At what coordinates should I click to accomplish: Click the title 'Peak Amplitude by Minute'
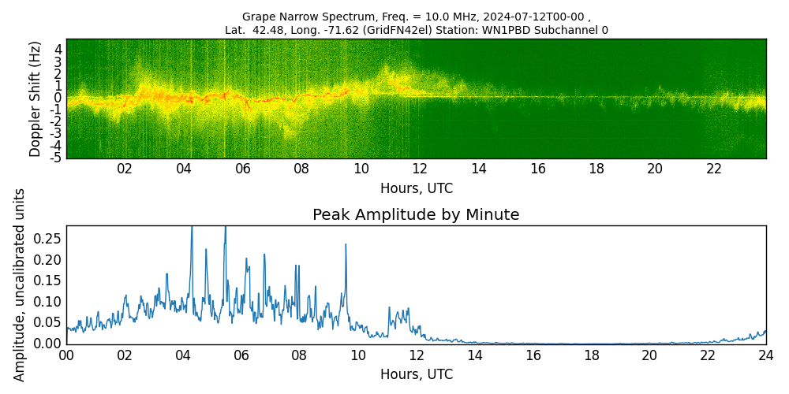pyautogui.click(x=416, y=215)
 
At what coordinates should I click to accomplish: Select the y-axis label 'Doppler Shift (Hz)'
pyautogui.click(x=36, y=98)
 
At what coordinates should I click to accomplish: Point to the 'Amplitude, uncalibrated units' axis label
pyautogui.click(x=20, y=284)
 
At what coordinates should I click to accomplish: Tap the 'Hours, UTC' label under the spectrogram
pyautogui.click(x=416, y=189)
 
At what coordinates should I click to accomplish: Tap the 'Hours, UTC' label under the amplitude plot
pyautogui.click(x=416, y=374)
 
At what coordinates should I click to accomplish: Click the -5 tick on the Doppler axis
pyautogui.click(x=56, y=158)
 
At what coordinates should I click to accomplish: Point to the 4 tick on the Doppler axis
pyautogui.click(x=58, y=49)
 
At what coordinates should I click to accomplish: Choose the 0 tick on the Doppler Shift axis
pyautogui.click(x=58, y=98)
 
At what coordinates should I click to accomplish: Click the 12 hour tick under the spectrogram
pyautogui.click(x=420, y=169)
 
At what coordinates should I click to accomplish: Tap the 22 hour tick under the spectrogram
pyautogui.click(x=714, y=169)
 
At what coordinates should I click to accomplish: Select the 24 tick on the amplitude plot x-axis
pyautogui.click(x=766, y=355)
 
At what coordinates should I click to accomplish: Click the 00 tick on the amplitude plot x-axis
pyautogui.click(x=66, y=355)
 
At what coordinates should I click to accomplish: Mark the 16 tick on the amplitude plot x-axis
pyautogui.click(x=533, y=355)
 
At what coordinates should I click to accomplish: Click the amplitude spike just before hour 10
pyautogui.click(x=346, y=246)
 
